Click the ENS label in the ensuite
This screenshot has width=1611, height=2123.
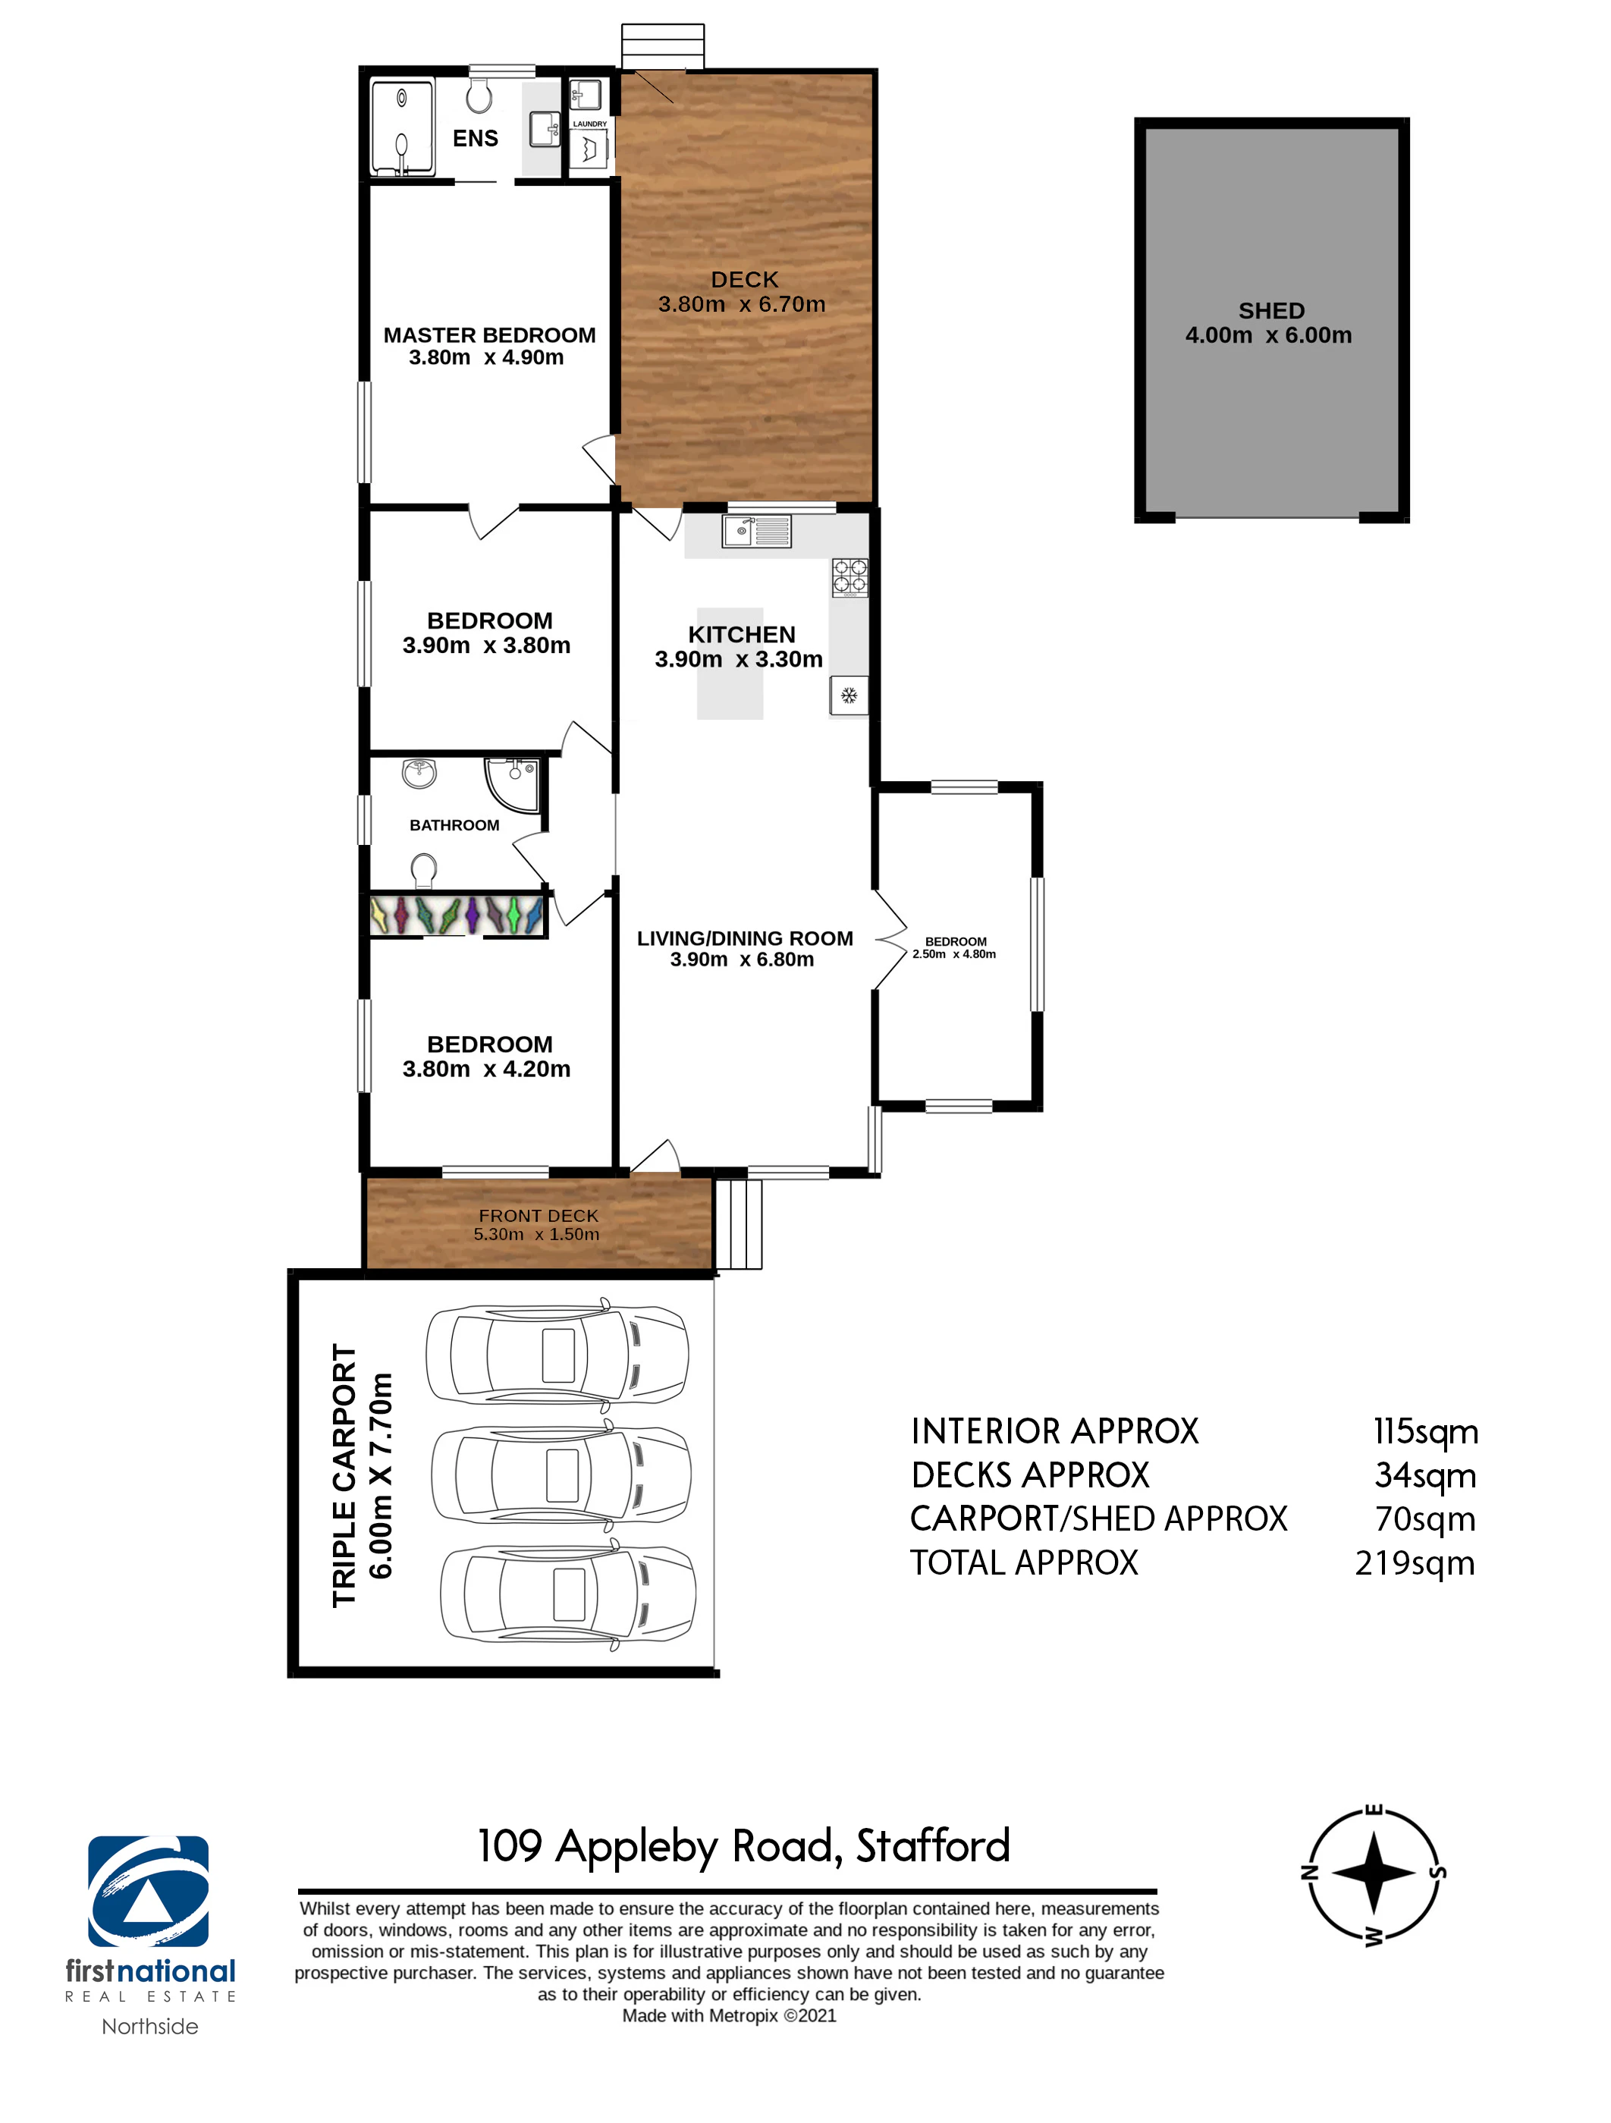click(x=475, y=138)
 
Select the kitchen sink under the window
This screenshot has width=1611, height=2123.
click(x=757, y=531)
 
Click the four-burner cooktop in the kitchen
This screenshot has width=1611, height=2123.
click(x=849, y=578)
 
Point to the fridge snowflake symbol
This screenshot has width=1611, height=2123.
click(x=849, y=695)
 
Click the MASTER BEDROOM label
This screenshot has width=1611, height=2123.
click(x=489, y=335)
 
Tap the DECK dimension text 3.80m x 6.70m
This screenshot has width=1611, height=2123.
click(x=742, y=304)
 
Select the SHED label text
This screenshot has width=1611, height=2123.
click(x=1271, y=311)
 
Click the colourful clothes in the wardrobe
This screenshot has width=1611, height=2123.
click(x=457, y=915)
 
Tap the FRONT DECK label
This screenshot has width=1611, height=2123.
click(x=539, y=1216)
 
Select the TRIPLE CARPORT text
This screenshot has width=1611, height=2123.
click(x=344, y=1474)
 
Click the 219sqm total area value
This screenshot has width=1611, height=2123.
click(x=1415, y=1563)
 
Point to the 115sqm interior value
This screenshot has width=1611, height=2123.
click(x=1426, y=1432)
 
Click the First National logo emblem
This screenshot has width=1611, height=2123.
click(x=149, y=1892)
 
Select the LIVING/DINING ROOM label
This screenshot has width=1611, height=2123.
click(x=745, y=939)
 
